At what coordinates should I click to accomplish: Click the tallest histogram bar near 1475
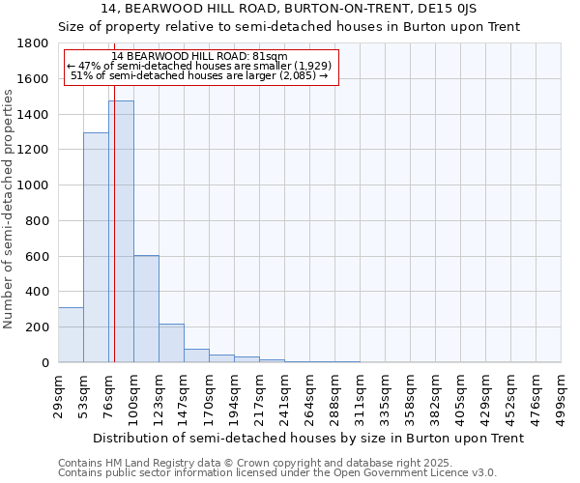click(121, 232)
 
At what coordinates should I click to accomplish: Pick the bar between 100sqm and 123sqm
click(146, 309)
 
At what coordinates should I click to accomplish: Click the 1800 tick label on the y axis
click(34, 43)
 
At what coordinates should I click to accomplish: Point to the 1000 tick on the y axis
click(34, 185)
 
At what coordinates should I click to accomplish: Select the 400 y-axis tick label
click(38, 292)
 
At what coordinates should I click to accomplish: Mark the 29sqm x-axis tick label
click(58, 395)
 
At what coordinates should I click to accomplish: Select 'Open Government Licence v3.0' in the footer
click(426, 473)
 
